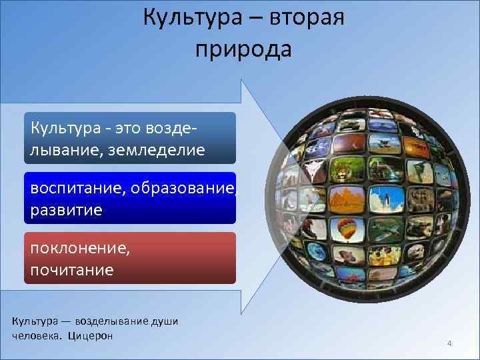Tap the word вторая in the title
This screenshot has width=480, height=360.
[x=307, y=17]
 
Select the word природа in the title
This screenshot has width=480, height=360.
[x=243, y=49]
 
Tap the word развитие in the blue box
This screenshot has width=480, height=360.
[x=66, y=210]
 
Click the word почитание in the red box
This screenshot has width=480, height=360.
[x=71, y=270]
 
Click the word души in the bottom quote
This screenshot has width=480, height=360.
[x=166, y=321]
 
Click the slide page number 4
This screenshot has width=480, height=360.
[x=450, y=344]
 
